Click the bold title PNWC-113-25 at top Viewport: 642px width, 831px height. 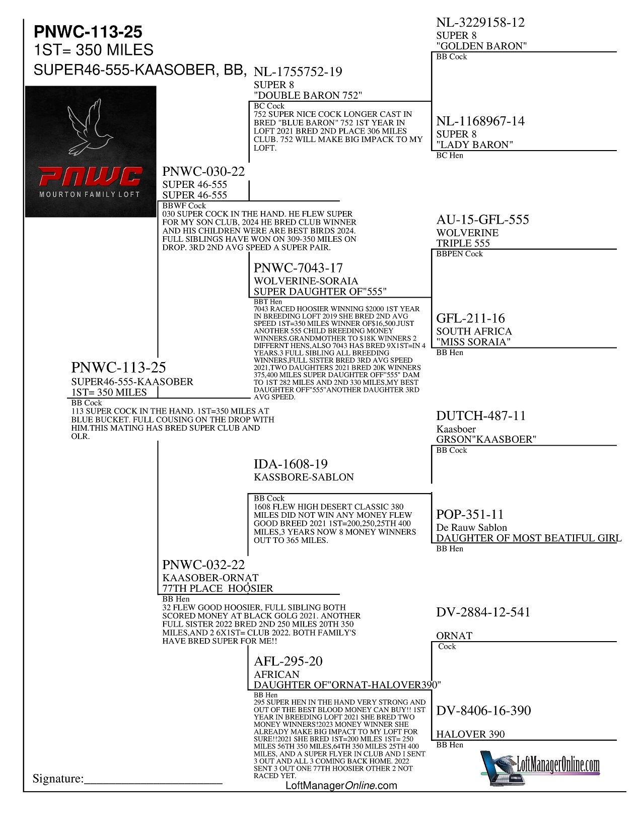click(x=88, y=32)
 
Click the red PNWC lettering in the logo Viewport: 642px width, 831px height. click(x=91, y=177)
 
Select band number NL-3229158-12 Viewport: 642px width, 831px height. click(x=480, y=23)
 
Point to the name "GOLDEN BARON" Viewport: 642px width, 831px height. click(x=481, y=46)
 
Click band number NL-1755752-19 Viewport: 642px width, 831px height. click(x=298, y=72)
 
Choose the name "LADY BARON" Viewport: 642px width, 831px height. click(x=474, y=145)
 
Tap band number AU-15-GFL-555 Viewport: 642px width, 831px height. click(x=482, y=220)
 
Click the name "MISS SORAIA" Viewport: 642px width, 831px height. click(x=473, y=342)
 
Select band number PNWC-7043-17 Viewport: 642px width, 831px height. click(x=298, y=268)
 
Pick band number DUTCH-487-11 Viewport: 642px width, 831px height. click(x=481, y=416)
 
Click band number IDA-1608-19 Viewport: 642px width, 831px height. click(x=291, y=464)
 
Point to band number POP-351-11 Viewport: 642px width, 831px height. click(x=469, y=515)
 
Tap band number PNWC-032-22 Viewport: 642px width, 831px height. click(x=203, y=565)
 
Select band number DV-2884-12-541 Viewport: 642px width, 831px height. click(x=483, y=612)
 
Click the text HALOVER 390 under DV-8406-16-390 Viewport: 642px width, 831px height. click(x=470, y=734)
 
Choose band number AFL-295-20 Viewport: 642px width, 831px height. click(x=288, y=661)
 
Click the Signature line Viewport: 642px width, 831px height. click(x=153, y=780)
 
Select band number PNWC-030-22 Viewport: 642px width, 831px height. click(x=203, y=172)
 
